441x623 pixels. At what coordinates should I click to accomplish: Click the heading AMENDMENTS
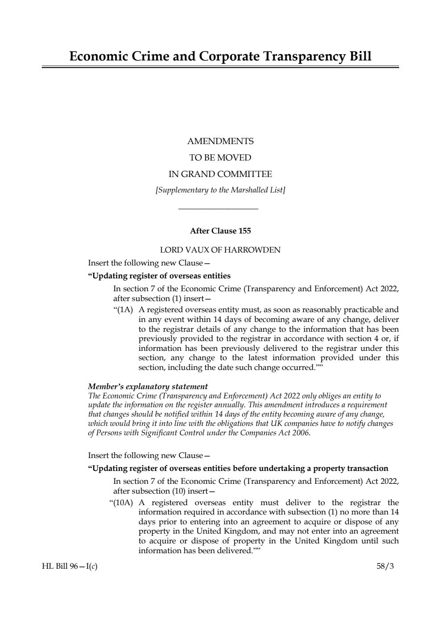click(x=220, y=141)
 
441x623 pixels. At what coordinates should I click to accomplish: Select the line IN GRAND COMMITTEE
click(x=220, y=174)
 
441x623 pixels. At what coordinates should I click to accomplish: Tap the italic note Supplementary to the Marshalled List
click(x=220, y=190)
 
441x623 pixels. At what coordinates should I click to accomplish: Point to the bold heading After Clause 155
click(x=220, y=231)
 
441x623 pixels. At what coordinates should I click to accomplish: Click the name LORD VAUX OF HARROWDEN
click(x=220, y=250)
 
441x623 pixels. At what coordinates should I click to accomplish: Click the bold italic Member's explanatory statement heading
click(x=148, y=386)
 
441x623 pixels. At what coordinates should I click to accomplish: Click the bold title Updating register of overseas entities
click(x=159, y=276)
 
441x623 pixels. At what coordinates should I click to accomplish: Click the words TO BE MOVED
click(x=220, y=158)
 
